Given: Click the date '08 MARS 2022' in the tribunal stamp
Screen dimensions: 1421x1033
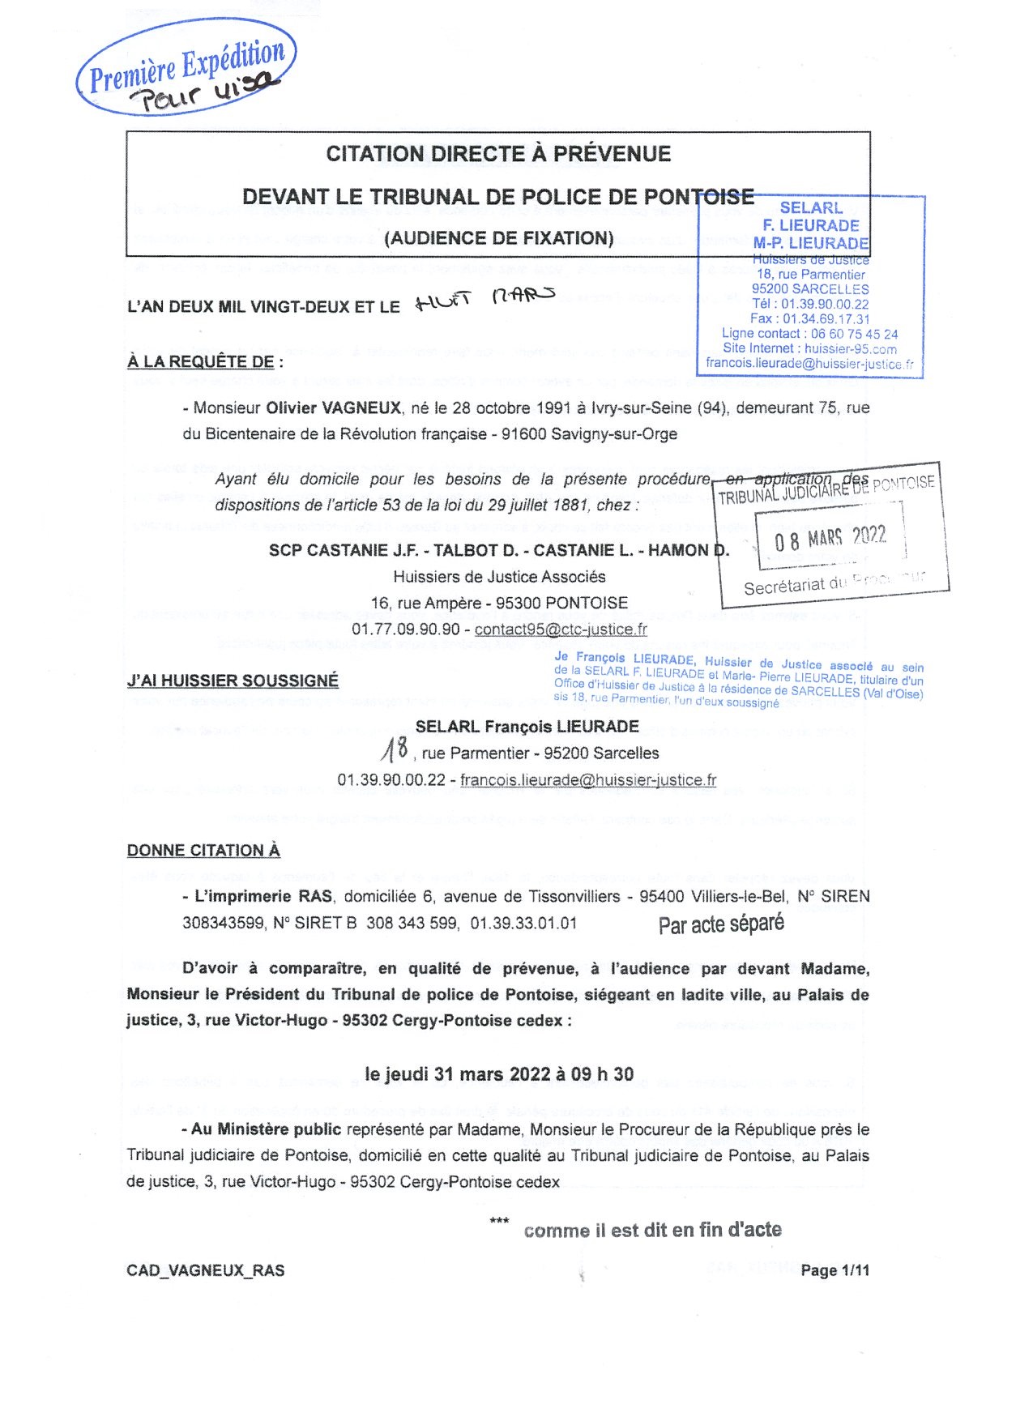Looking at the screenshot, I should (x=830, y=537).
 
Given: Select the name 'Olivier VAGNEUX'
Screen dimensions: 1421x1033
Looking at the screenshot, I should (x=334, y=408).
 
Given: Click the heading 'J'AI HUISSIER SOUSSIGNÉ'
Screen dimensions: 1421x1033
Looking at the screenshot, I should (x=233, y=681).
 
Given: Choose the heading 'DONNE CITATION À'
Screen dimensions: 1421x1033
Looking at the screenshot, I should (x=203, y=850).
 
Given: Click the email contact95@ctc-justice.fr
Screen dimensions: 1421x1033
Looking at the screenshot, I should (x=561, y=629).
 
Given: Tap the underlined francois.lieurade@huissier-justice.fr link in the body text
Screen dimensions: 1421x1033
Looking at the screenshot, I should (x=588, y=780).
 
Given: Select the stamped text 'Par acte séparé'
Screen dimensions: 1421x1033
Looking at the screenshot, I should (x=721, y=924).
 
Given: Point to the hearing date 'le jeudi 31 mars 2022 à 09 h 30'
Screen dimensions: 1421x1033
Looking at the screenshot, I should (x=499, y=1074).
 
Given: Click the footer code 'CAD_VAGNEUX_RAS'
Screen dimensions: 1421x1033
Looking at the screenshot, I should (x=206, y=1270).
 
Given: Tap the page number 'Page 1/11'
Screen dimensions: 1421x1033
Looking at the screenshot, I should (x=835, y=1270).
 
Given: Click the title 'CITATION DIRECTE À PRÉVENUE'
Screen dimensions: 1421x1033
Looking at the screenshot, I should (x=498, y=154).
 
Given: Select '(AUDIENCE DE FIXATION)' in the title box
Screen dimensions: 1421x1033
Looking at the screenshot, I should (x=498, y=238).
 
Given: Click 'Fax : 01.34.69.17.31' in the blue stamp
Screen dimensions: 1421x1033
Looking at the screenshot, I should (x=809, y=318).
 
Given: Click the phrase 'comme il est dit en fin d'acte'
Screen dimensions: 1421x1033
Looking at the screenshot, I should (x=652, y=1231).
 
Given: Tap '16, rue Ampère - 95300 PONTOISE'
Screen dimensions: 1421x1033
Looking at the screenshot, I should (x=499, y=603).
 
